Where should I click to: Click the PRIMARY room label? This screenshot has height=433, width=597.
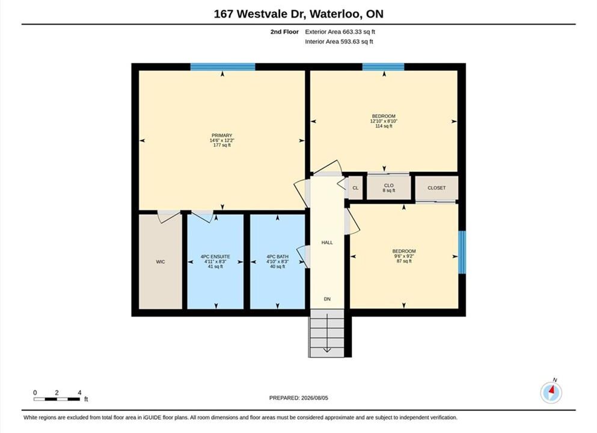(x=222, y=135)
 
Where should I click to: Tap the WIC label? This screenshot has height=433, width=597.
(x=161, y=262)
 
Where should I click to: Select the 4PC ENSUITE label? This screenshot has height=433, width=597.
(x=215, y=257)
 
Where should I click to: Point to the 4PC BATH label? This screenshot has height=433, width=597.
(x=278, y=257)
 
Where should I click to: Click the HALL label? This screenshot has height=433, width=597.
(x=327, y=242)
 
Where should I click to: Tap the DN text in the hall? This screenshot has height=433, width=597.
(x=327, y=299)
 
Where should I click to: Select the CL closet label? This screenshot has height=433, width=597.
(x=355, y=188)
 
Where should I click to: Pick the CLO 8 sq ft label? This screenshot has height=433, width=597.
(x=389, y=188)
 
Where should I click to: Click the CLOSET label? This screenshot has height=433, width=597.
(x=436, y=188)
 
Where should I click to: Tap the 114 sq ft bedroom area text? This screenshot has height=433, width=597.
(x=384, y=126)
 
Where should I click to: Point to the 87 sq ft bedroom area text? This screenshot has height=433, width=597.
(x=405, y=261)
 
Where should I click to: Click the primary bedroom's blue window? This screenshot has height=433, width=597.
(x=222, y=67)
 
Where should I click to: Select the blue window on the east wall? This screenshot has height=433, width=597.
(x=462, y=252)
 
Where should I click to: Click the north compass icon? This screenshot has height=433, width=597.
(x=551, y=392)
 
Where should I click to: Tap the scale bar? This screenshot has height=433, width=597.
(x=57, y=399)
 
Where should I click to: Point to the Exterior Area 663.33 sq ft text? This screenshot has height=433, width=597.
(x=340, y=32)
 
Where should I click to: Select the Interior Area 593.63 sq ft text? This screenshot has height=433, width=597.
(x=339, y=41)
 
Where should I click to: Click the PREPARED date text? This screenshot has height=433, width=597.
(x=298, y=398)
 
